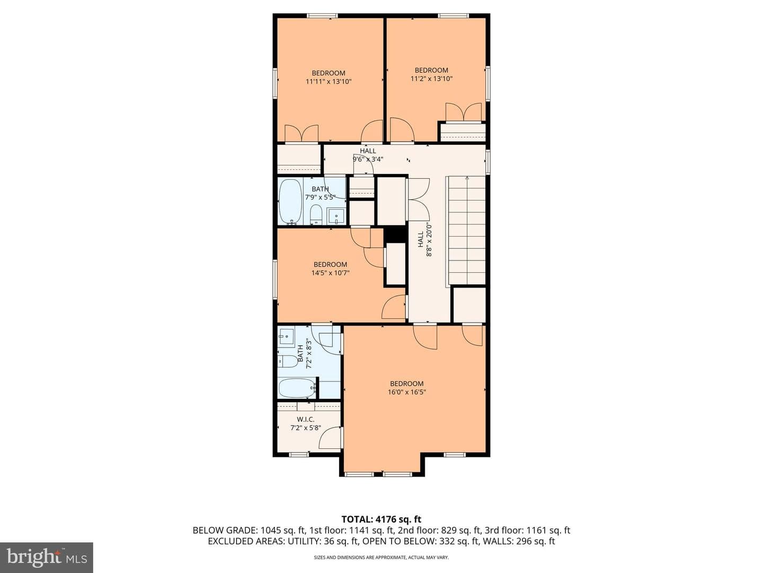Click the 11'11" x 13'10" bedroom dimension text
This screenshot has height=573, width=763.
[x=329, y=82]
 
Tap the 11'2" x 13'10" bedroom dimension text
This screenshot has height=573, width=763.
[x=431, y=79]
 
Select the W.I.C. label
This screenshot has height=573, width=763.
[x=306, y=420]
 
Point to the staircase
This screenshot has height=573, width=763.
[x=466, y=230]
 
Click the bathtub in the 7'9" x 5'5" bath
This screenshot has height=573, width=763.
[x=290, y=202]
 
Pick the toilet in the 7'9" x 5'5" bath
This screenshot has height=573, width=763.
[x=316, y=214]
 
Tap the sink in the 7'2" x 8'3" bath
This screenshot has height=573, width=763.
[x=287, y=336]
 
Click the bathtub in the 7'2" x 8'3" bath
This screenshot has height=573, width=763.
[x=298, y=388]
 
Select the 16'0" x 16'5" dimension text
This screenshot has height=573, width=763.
[x=407, y=393]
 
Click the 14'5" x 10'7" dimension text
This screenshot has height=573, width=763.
[x=330, y=273]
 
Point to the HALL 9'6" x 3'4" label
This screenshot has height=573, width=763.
[x=368, y=155]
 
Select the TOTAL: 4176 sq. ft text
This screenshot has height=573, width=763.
[x=381, y=519]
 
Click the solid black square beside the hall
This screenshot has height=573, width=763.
[x=396, y=235]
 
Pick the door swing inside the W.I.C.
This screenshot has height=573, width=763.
[x=330, y=437]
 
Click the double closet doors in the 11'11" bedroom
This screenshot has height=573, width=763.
[x=301, y=134]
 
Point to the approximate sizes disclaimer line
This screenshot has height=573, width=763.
[x=381, y=558]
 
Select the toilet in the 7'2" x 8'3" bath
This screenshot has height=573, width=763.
[x=288, y=361]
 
